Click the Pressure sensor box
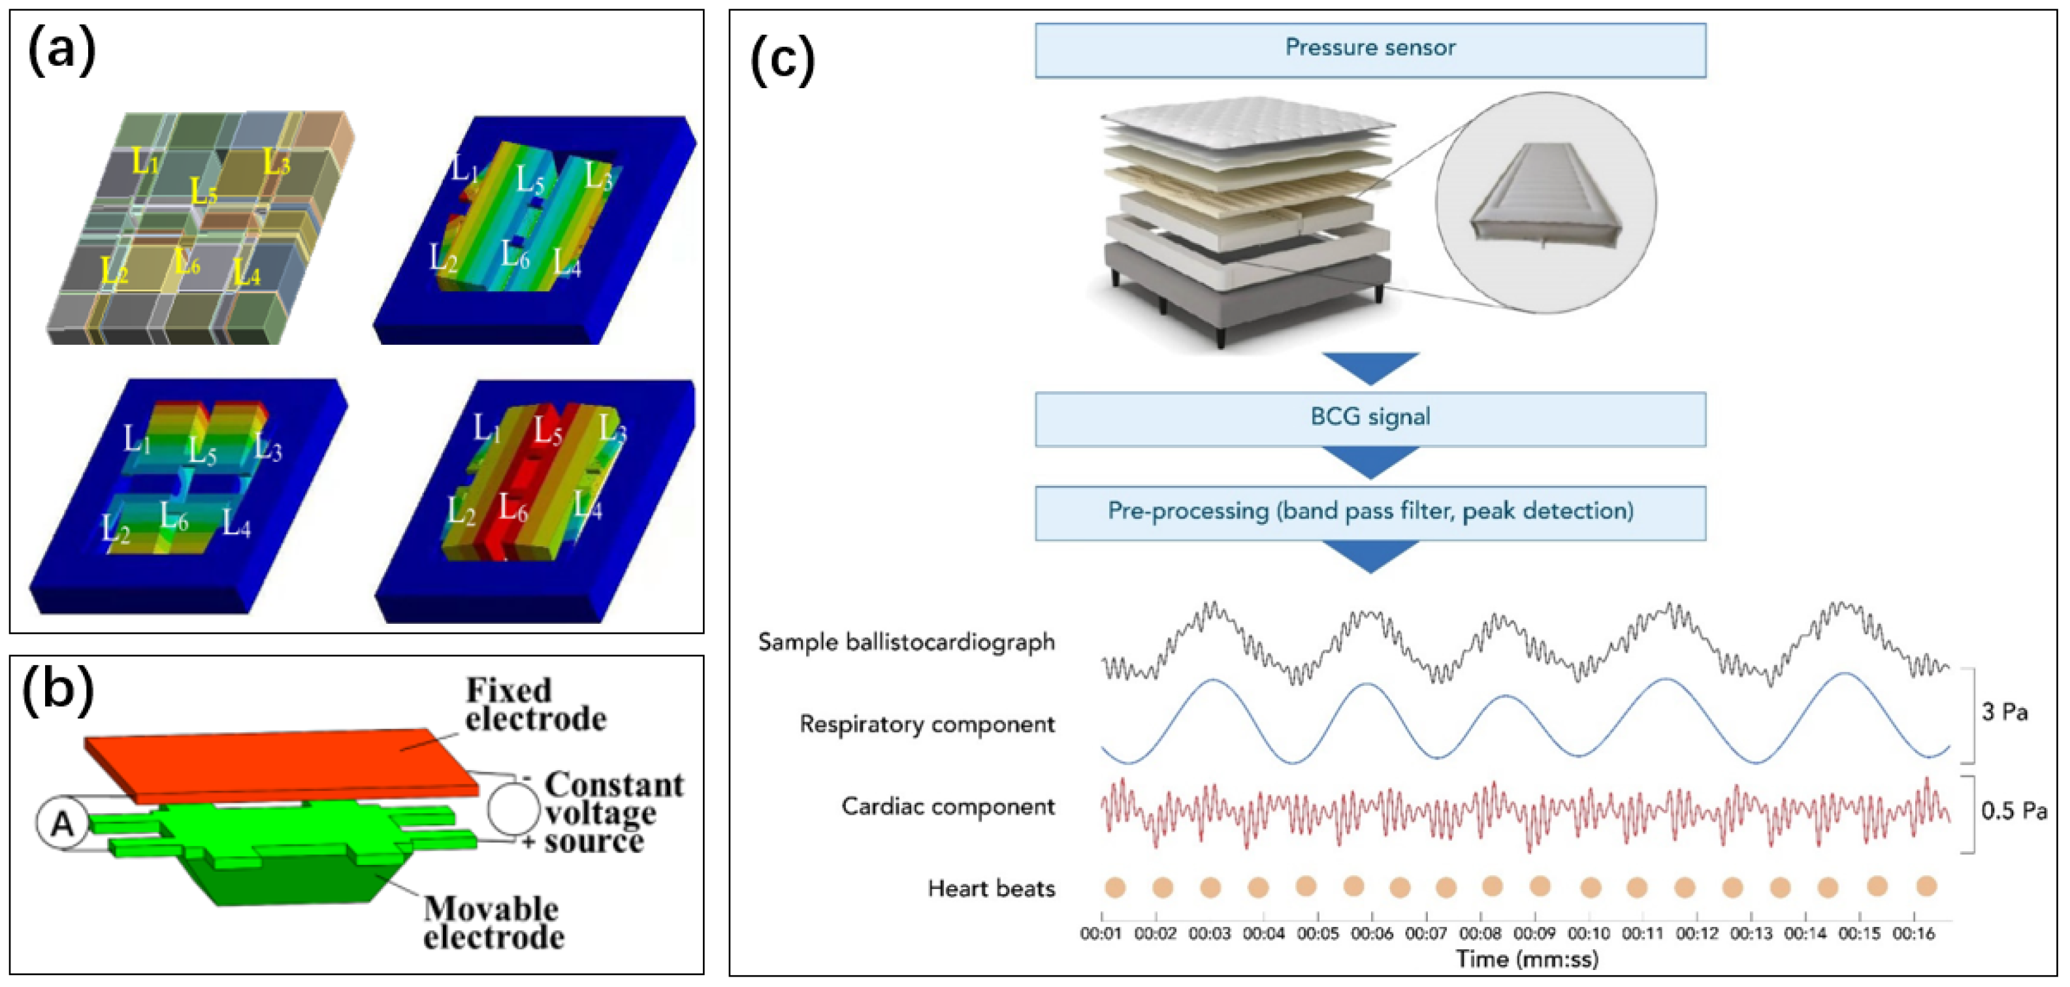[x=1369, y=50]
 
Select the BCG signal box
[x=1369, y=419]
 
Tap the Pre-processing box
[x=1369, y=512]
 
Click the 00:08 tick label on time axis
[x=1480, y=934]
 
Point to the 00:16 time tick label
[x=1914, y=934]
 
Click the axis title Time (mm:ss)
[x=1527, y=960]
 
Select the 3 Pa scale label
[x=2004, y=713]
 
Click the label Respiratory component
[x=926, y=725]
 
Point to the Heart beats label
[x=991, y=889]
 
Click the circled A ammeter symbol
[x=62, y=824]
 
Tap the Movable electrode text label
[x=493, y=924]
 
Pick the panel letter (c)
[x=782, y=60]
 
